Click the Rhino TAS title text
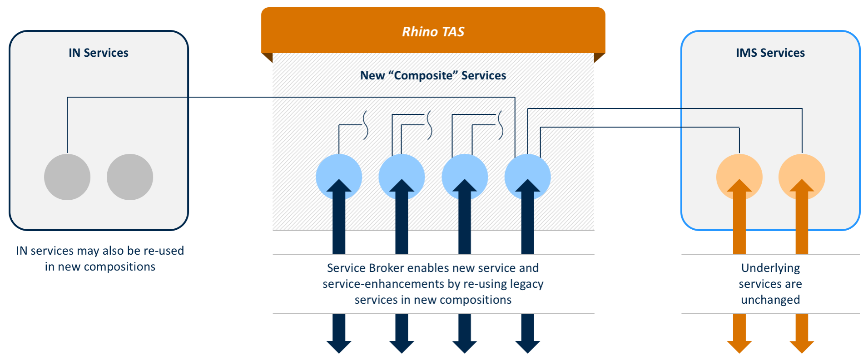[433, 32]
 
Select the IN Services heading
[99, 53]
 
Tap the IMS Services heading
[770, 53]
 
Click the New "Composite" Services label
[433, 75]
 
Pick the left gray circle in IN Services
[67, 177]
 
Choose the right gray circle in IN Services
[130, 177]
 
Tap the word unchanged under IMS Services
[770, 300]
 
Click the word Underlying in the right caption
[770, 268]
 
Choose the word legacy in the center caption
[526, 284]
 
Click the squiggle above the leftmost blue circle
[365, 124]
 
